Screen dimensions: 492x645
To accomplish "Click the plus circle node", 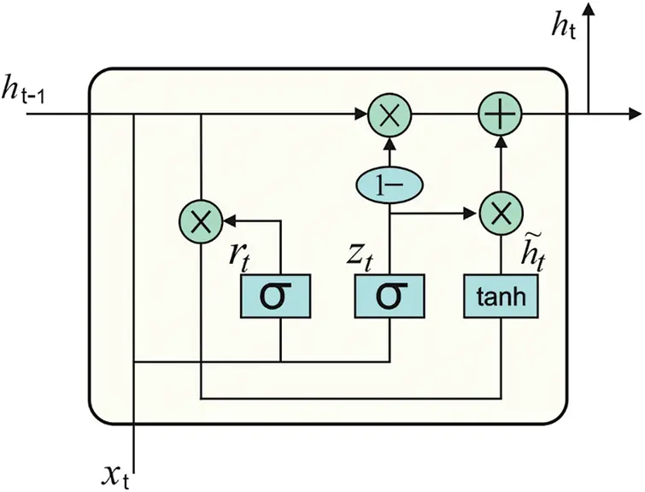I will click(501, 114).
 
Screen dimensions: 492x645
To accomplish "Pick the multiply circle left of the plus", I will click(390, 114).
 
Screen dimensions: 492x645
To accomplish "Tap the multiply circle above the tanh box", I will click(501, 210).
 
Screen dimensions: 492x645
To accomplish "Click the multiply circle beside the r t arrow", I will click(201, 222).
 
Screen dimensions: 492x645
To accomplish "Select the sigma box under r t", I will click(279, 296).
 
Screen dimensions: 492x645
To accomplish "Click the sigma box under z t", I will click(390, 296).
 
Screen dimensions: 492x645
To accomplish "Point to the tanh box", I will click(501, 296).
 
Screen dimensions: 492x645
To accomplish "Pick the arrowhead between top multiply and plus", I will click(472, 114).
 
